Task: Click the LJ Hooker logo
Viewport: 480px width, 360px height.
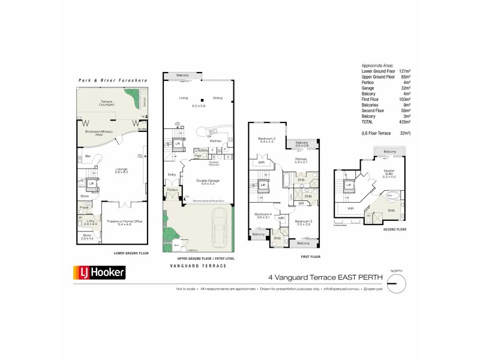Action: [99, 272]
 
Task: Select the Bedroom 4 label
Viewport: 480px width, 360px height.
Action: [263, 215]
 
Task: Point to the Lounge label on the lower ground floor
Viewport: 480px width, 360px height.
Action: [122, 170]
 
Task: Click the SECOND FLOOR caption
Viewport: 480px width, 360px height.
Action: [393, 229]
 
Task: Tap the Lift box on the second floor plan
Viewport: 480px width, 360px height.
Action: [349, 186]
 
